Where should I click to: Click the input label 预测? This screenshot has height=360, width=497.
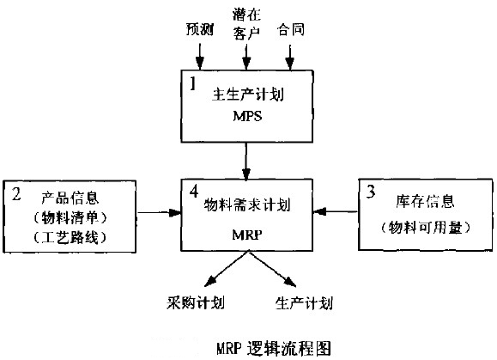point(200,29)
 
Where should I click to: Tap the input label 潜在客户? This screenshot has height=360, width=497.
point(246,24)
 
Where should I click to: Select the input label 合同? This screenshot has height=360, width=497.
point(291,29)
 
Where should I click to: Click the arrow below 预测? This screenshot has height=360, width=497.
point(200,57)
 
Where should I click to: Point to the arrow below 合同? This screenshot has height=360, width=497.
point(290,57)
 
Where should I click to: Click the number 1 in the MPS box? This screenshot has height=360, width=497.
point(193,83)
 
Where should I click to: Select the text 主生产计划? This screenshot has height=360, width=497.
point(248,95)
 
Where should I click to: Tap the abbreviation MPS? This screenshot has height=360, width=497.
point(247,116)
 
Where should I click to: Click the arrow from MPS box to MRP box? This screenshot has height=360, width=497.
point(246,162)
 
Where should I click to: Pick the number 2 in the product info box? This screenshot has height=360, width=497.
point(16,193)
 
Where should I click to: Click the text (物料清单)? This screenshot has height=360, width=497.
point(70,217)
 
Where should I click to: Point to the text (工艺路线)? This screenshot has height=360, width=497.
point(70,237)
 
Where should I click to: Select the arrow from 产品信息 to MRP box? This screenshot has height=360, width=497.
point(159,212)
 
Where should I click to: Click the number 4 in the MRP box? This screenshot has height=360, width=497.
point(194,192)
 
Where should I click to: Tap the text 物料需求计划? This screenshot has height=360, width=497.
point(247,204)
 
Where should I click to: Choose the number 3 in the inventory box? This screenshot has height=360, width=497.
point(371,192)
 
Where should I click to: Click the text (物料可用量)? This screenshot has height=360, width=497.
point(426,227)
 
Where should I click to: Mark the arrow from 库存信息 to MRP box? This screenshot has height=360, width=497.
point(336,211)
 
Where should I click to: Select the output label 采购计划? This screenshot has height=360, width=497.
point(196,303)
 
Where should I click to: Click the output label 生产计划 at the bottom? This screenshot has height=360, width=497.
point(304,303)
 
